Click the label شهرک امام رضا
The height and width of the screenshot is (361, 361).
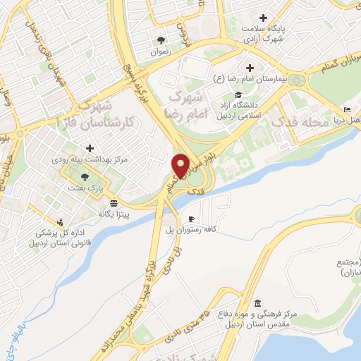pyautogui.click(x=192, y=99)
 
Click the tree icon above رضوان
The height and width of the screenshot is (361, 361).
pyautogui.click(x=161, y=39)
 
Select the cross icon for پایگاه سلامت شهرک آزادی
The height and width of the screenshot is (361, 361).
pyautogui.click(x=264, y=18)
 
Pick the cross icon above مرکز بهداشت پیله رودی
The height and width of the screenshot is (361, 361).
pyautogui.click(x=89, y=149)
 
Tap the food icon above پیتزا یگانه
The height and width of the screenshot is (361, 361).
pyautogui.click(x=114, y=202)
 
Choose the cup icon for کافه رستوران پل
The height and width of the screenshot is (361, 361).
pyautogui.click(x=191, y=219)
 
